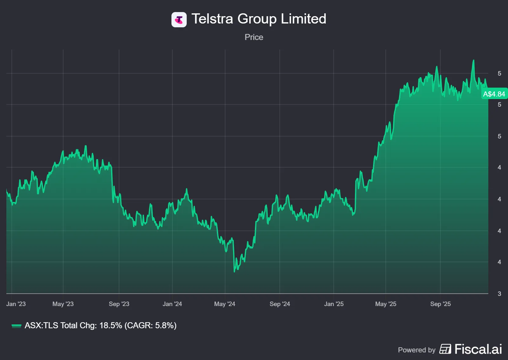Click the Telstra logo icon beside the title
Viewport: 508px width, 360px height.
coord(179,20)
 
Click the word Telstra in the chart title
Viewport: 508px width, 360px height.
coord(212,19)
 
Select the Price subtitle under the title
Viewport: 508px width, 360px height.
coord(254,37)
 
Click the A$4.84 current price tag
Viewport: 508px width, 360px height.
coord(494,94)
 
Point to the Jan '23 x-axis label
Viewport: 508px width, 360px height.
coord(16,304)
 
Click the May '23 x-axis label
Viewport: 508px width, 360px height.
coord(63,304)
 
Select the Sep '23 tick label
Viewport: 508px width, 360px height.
coord(119,304)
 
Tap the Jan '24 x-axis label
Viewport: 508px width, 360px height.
coord(172,304)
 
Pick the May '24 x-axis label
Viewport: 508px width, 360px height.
coord(225,304)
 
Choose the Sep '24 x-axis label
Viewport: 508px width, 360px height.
coord(280,304)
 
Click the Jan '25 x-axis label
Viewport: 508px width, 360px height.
coord(334,304)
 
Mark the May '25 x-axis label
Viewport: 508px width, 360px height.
coord(386,304)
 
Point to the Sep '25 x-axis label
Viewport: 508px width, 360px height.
coord(440,304)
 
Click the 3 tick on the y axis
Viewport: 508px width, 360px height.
coord(499,294)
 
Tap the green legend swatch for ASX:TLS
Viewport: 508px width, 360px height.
coord(16,326)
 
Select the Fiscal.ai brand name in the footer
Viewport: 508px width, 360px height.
coord(478,349)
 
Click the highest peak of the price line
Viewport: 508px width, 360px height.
coord(473,60)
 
